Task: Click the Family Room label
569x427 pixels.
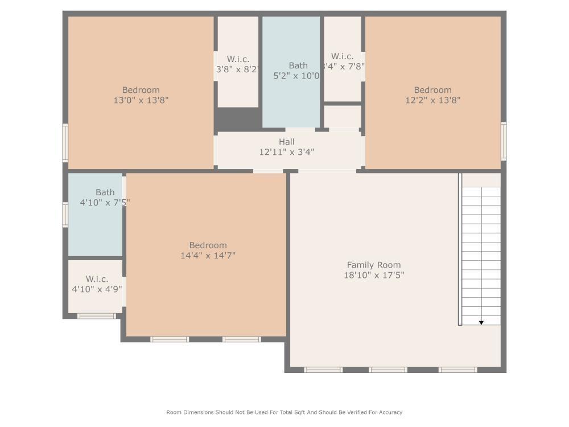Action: (374, 265)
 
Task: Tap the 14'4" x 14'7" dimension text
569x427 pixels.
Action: (208, 256)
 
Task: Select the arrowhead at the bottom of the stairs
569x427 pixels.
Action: (481, 323)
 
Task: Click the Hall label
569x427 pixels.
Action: (287, 142)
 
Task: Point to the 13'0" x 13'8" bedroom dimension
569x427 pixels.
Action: (141, 100)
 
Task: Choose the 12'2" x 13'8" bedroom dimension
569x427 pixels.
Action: (432, 100)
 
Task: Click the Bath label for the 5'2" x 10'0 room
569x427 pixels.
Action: (298, 66)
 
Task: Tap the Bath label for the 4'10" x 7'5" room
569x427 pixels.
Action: (105, 192)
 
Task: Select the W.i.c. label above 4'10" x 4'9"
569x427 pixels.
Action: (97, 279)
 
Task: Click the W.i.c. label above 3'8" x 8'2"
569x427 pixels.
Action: (238, 59)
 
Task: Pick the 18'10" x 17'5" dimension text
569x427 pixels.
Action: (374, 275)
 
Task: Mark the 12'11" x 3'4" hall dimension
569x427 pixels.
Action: (287, 152)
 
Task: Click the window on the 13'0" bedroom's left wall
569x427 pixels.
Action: (65, 143)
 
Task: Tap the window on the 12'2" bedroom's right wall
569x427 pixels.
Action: (504, 141)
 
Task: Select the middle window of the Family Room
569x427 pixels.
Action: (387, 370)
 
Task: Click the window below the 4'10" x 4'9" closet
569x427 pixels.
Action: (97, 316)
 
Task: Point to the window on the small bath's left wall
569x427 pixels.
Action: (65, 215)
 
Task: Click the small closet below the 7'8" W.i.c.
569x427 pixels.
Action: (342, 116)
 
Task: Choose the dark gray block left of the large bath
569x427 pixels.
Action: (237, 120)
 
